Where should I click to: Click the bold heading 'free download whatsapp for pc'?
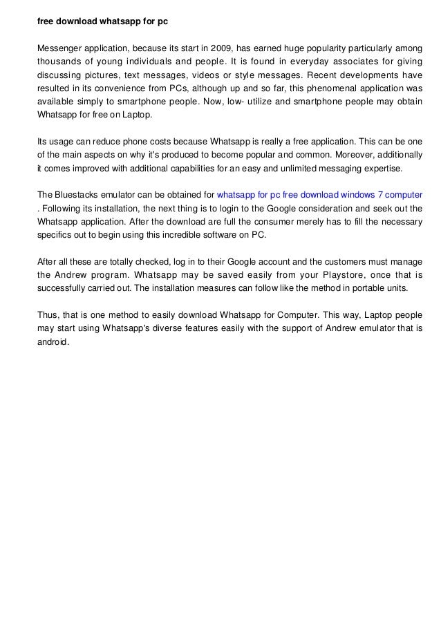pyautogui.click(x=103, y=21)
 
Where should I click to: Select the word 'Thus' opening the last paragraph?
pyautogui.click(x=48, y=315)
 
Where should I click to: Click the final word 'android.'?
pyautogui.click(x=54, y=342)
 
